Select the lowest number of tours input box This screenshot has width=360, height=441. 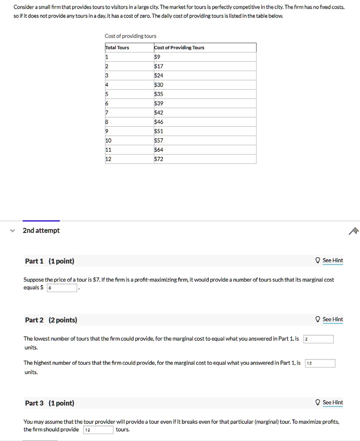(x=318, y=339)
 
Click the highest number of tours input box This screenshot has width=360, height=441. (x=320, y=363)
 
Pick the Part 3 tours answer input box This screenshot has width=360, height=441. (x=98, y=430)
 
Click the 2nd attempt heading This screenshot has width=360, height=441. (x=41, y=230)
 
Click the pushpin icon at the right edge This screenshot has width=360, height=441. (x=354, y=231)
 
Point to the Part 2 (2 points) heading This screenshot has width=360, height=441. (x=51, y=320)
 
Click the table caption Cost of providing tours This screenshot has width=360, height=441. (x=130, y=36)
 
